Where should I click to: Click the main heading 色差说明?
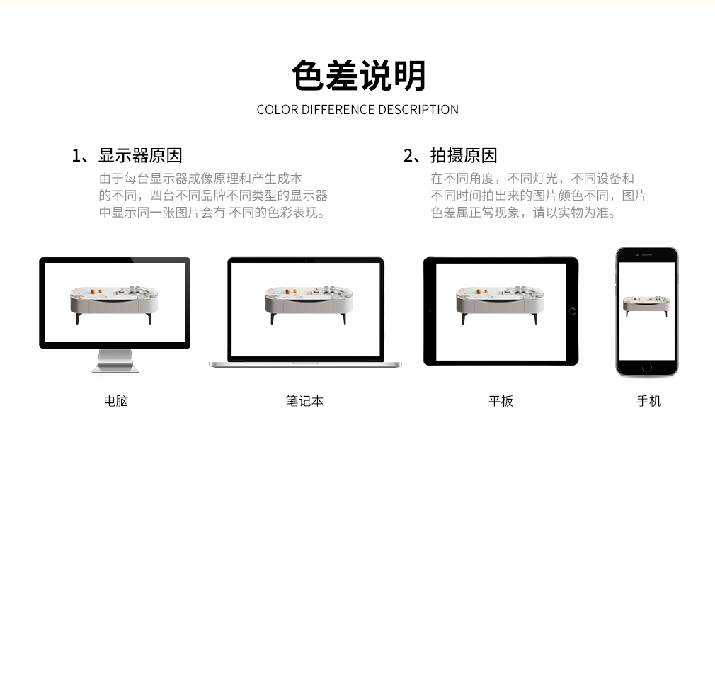(358, 76)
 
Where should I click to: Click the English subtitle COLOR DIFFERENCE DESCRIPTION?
(357, 110)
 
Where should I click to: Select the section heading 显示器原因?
(140, 156)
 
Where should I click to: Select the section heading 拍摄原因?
(464, 156)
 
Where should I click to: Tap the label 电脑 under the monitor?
(116, 401)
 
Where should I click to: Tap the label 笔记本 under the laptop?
(304, 401)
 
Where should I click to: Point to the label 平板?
(500, 401)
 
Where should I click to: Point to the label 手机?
(649, 401)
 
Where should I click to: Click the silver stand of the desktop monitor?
(115, 361)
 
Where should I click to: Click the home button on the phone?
(646, 368)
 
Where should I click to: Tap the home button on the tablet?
(573, 312)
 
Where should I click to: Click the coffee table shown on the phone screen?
(646, 305)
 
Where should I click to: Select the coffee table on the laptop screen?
(309, 305)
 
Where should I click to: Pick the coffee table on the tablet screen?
(500, 305)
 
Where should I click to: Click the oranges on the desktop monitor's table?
(96, 290)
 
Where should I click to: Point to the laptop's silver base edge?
(306, 364)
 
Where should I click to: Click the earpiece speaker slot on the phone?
(647, 254)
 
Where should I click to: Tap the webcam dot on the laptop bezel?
(306, 261)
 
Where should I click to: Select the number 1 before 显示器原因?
(76, 156)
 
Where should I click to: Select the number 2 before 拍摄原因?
(408, 156)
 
